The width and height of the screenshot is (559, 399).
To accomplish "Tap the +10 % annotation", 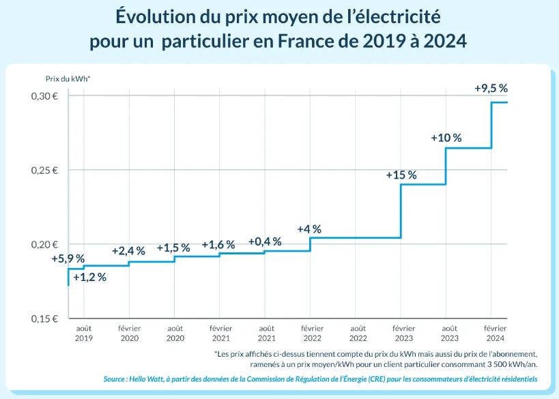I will point(446,138).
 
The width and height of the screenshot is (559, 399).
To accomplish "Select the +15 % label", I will point(401,175).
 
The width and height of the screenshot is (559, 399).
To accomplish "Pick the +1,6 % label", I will point(218,244).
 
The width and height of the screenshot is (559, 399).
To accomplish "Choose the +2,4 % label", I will point(128,250).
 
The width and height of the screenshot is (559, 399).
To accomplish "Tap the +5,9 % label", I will point(68,258).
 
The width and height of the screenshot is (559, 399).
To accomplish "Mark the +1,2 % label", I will point(90,277).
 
